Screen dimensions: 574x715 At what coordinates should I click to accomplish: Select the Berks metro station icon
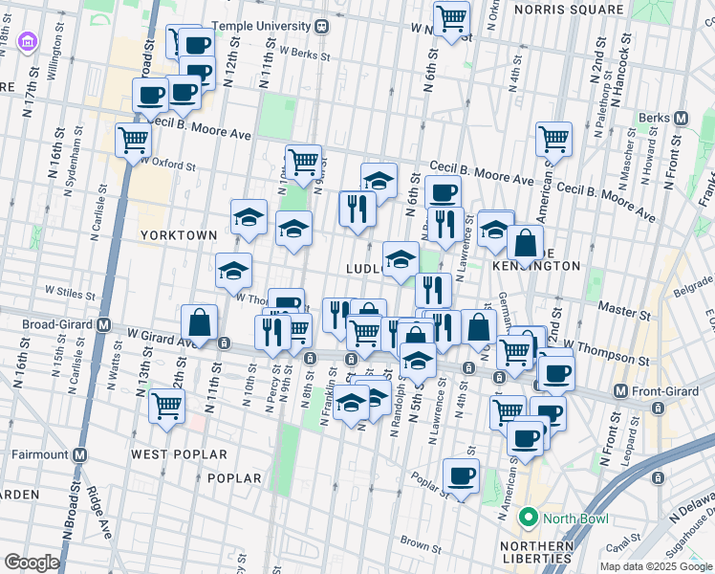(681, 118)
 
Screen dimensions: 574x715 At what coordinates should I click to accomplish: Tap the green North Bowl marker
(526, 519)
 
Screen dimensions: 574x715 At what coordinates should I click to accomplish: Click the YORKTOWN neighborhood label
(178, 234)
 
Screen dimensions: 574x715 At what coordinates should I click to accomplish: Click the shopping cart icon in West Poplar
(166, 405)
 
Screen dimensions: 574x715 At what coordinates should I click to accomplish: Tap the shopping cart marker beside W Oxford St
(133, 139)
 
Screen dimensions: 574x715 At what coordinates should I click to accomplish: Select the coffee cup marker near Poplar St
(462, 475)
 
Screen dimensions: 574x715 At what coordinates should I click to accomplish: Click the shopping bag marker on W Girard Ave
(199, 321)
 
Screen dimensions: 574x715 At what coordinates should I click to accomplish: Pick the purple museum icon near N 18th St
(28, 43)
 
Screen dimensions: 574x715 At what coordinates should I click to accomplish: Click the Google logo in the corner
(32, 563)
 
